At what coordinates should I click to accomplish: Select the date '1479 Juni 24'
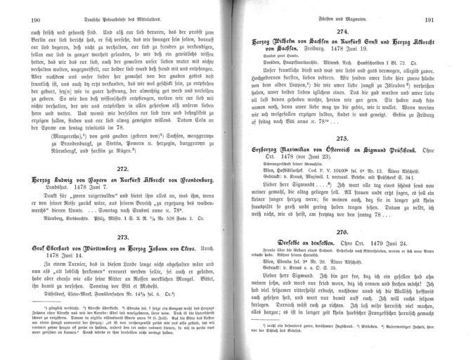tap(393, 262)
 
